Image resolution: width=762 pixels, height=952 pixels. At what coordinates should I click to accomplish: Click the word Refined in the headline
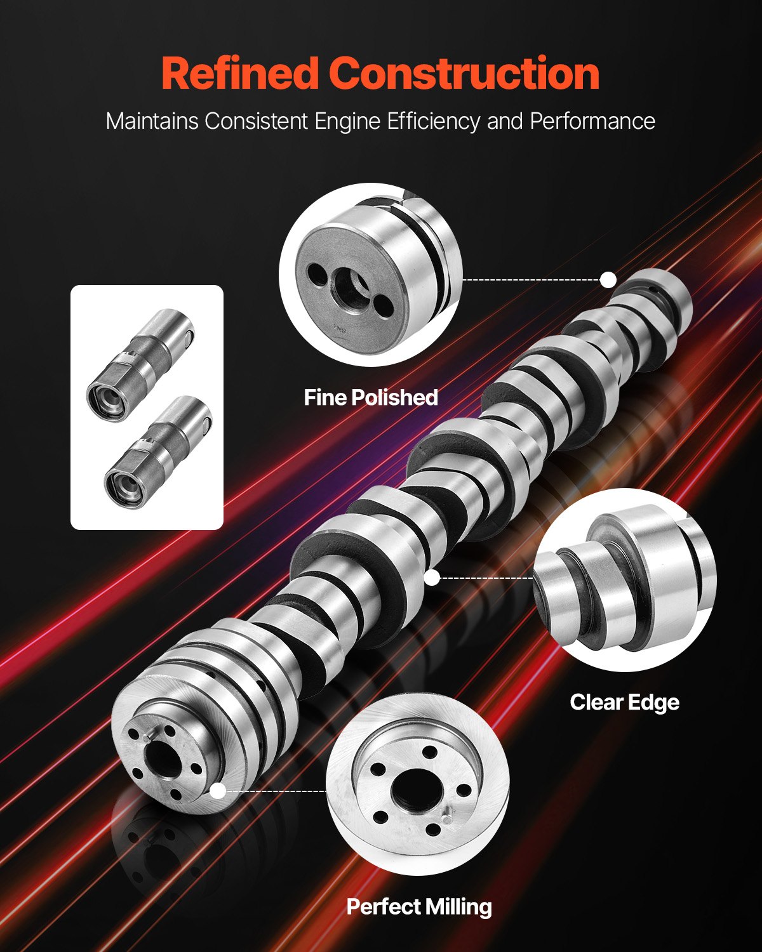tap(239, 74)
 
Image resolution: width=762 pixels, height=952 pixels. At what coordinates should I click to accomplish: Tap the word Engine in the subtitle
tap(347, 121)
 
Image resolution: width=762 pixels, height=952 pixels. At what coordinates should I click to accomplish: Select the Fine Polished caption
tap(371, 397)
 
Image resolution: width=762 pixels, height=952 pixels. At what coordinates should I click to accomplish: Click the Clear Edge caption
tap(624, 702)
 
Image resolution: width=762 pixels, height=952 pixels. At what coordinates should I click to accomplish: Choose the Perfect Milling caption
tap(419, 906)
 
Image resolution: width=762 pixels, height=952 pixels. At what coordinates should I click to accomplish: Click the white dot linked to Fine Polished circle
tap(608, 279)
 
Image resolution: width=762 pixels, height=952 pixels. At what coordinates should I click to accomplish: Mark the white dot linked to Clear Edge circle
tap(432, 578)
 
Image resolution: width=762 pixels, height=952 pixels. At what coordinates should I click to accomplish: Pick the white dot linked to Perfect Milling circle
tap(218, 791)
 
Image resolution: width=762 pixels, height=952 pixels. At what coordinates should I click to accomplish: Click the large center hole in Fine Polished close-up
tap(351, 288)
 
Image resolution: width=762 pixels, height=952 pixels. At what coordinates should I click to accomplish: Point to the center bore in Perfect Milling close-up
tap(413, 789)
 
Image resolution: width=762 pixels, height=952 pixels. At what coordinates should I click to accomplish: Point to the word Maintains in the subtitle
tap(152, 121)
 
